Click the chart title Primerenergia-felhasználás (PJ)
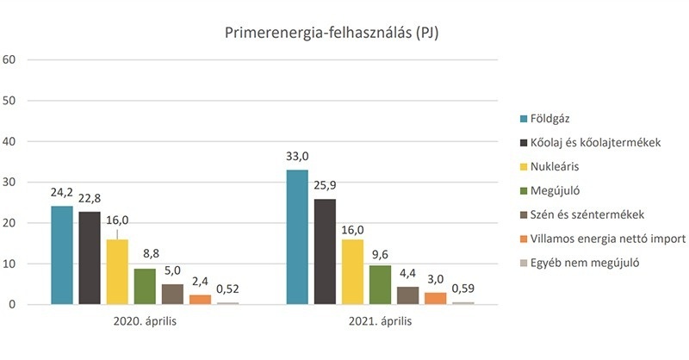coord(332,33)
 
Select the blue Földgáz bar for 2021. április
coord(297,237)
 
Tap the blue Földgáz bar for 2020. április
coord(62,255)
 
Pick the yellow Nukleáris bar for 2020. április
coord(116,271)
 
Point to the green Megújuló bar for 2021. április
coord(380,284)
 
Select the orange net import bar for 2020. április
coord(200,299)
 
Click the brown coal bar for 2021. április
coord(407,295)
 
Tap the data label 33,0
coord(297,158)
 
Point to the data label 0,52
coord(227,290)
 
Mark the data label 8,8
coord(145,256)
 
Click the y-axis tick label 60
coord(11,59)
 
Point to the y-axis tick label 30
coord(11,182)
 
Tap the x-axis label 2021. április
coord(380,322)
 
